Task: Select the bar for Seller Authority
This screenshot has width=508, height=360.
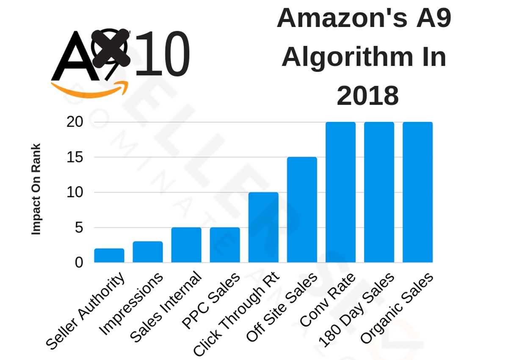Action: pyautogui.click(x=109, y=256)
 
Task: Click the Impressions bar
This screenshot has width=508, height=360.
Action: pyautogui.click(x=148, y=252)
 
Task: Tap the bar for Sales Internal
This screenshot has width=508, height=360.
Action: pyautogui.click(x=186, y=245)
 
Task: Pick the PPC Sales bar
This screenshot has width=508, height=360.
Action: pyautogui.click(x=225, y=245)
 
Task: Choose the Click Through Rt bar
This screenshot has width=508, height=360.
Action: pyautogui.click(x=263, y=228)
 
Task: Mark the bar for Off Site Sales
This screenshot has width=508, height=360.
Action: pyautogui.click(x=302, y=210)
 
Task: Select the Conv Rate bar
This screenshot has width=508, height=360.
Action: pyautogui.click(x=341, y=192)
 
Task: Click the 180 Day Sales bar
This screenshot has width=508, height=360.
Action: pyautogui.click(x=379, y=192)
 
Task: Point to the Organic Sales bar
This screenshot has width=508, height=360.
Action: pyautogui.click(x=418, y=192)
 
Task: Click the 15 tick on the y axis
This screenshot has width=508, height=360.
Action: pyautogui.click(x=75, y=157)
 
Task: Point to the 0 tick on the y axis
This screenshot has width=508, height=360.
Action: pyautogui.click(x=79, y=263)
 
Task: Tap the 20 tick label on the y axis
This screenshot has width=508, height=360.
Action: pyautogui.click(x=75, y=122)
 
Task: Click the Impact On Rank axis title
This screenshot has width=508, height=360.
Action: pyautogui.click(x=36, y=189)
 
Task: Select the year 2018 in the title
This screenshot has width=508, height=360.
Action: pyautogui.click(x=367, y=96)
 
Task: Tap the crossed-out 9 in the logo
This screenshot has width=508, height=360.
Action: pyautogui.click(x=111, y=49)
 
